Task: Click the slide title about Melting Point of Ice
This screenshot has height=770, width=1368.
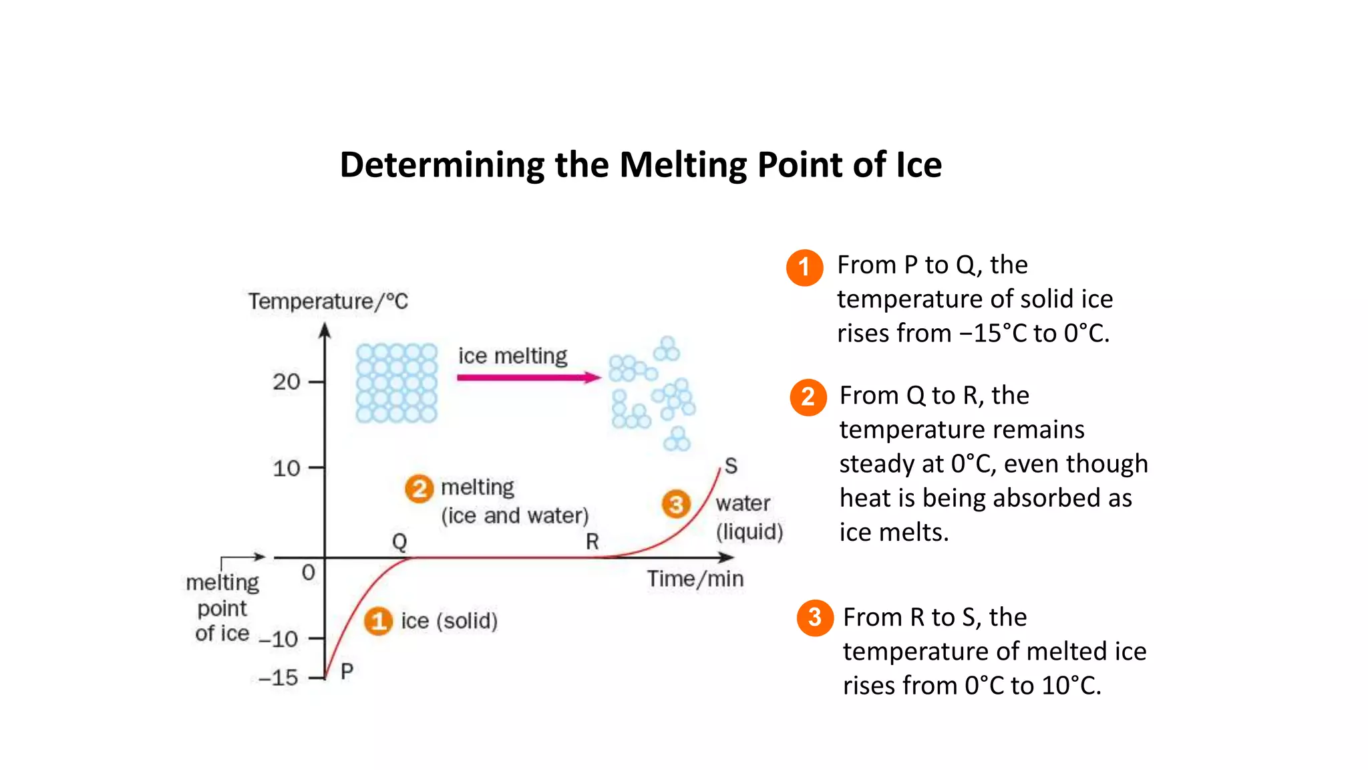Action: pos(641,165)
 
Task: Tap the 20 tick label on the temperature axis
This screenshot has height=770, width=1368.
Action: pos(287,382)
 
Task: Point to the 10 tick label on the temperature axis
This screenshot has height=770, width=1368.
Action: pos(287,468)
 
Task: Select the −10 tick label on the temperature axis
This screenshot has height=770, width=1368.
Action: pos(279,639)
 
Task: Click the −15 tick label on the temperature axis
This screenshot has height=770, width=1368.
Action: pos(279,678)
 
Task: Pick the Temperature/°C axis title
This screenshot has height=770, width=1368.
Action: pos(328,301)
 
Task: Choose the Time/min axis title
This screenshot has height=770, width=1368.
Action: pos(695,579)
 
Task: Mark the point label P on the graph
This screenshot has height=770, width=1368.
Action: pos(347,670)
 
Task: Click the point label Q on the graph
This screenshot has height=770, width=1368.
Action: pos(399,541)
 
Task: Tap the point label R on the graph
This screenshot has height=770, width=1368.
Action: pos(592,541)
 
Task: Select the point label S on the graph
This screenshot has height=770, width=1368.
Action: pos(731,465)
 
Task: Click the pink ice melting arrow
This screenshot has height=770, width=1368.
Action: pos(528,378)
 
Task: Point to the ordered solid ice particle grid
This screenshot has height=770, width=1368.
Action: pos(396,383)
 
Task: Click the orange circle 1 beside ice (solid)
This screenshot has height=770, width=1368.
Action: pos(378,621)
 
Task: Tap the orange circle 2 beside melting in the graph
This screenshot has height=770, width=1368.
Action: pos(419,489)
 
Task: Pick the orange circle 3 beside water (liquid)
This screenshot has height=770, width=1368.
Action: pos(676,504)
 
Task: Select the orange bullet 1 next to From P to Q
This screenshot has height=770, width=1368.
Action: pos(804,267)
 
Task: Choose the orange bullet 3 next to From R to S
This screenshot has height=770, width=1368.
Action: pos(814,617)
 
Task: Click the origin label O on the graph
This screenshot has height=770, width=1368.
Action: pos(308,572)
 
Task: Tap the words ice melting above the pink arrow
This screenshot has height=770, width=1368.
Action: pos(512,356)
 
